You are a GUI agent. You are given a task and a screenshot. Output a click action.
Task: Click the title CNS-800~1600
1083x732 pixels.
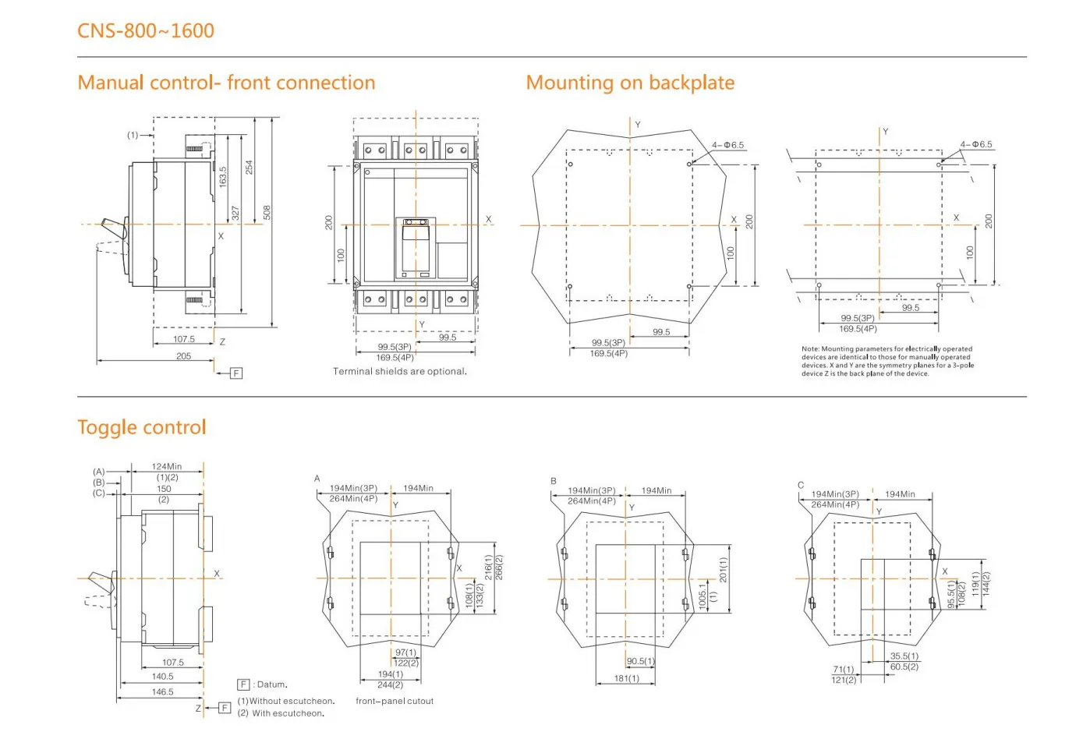pos(146,31)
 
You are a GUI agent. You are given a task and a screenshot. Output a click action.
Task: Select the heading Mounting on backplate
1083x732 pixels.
pos(630,83)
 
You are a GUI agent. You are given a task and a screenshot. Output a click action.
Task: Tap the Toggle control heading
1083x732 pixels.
pos(142,427)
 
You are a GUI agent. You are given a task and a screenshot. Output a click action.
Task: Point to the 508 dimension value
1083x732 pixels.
pos(267,212)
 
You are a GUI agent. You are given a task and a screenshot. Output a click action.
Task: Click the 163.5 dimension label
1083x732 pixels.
pos(222,177)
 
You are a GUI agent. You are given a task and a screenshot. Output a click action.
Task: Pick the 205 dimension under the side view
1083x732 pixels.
pos(183,355)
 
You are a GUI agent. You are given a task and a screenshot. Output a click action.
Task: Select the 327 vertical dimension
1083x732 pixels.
pos(235,213)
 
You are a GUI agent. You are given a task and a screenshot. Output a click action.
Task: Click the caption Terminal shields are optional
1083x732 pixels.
pos(400,371)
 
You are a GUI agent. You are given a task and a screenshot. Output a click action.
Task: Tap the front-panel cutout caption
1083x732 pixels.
pos(395,701)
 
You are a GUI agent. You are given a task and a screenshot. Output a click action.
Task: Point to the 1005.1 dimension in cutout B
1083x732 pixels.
pos(703,596)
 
